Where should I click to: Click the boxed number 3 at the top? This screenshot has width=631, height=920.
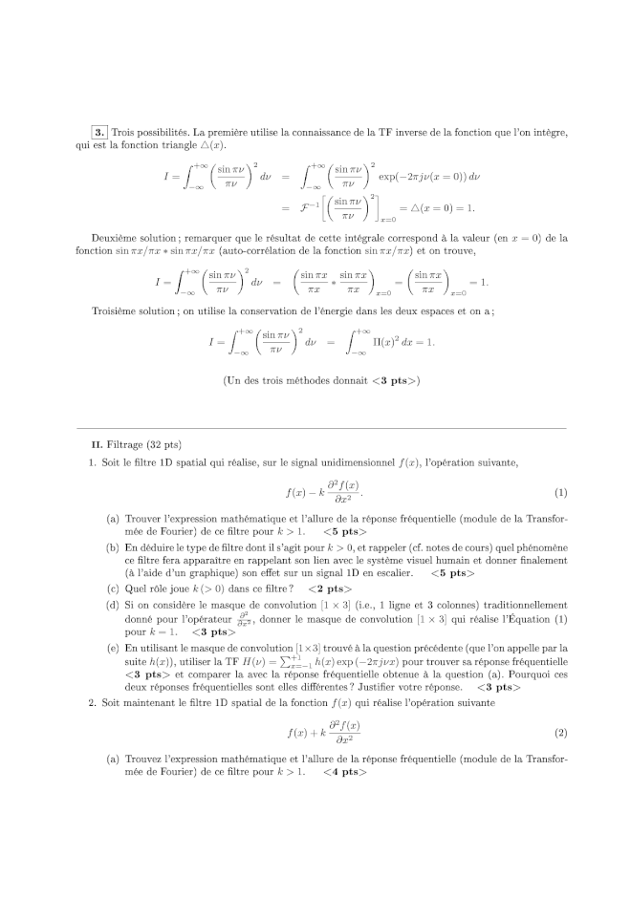click(x=99, y=132)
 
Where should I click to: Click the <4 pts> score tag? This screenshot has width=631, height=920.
click(x=343, y=772)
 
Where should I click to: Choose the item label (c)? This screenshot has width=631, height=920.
click(x=113, y=589)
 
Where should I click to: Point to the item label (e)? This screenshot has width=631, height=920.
click(x=113, y=648)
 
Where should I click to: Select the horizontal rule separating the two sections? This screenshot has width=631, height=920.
click(x=315, y=428)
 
